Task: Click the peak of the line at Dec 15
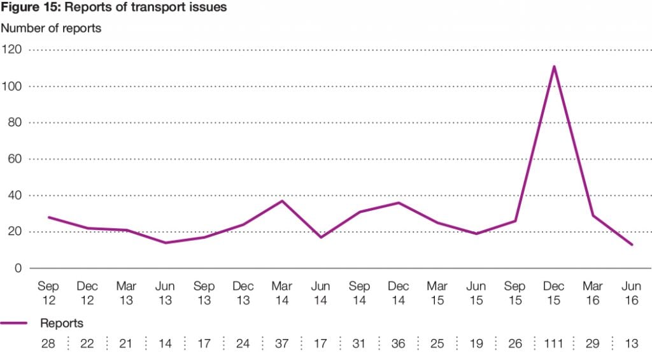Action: click(x=554, y=66)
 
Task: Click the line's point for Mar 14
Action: click(x=282, y=201)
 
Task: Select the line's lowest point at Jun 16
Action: click(x=632, y=245)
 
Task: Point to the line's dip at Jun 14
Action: click(x=321, y=237)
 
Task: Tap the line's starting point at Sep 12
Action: click(x=48, y=217)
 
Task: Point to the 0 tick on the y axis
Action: click(x=18, y=268)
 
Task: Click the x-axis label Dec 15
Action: click(x=554, y=293)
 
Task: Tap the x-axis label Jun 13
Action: click(x=165, y=293)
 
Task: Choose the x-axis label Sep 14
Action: click(x=360, y=293)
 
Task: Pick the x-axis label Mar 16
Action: click(x=593, y=293)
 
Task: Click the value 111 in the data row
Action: click(x=554, y=344)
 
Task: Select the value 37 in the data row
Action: click(x=282, y=344)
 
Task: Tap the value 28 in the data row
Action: click(x=48, y=344)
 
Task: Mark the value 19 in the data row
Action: click(x=476, y=344)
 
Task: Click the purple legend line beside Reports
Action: click(x=14, y=324)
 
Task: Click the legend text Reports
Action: click(x=62, y=324)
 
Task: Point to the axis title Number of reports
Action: click(x=51, y=28)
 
